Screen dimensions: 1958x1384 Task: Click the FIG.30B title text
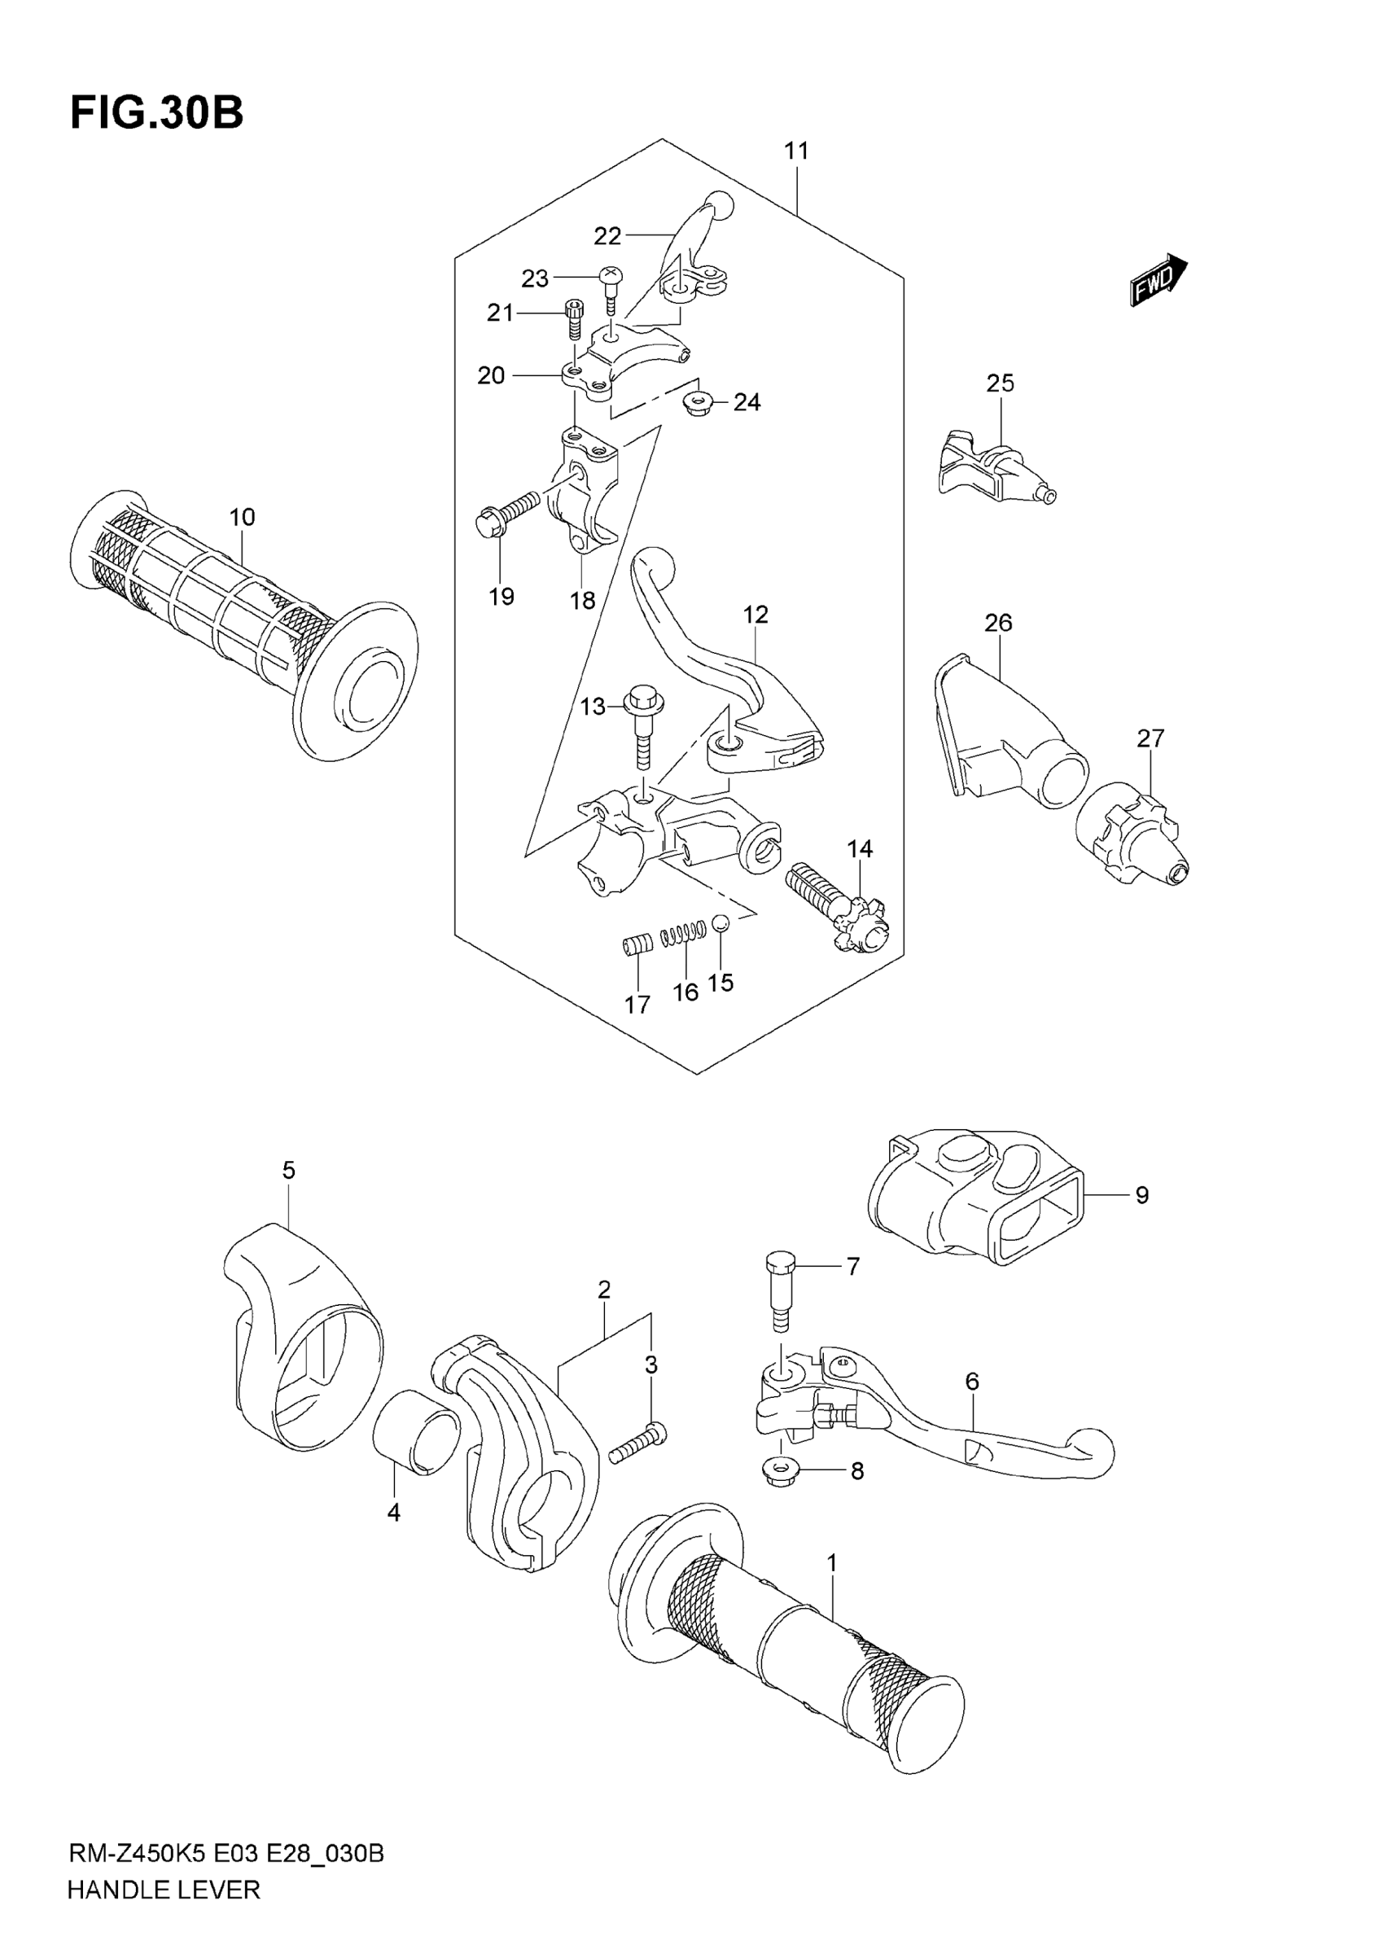click(157, 112)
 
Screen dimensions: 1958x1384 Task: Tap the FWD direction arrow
click(1158, 279)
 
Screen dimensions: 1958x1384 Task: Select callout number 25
click(1001, 383)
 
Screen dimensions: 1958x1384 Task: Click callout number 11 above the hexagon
click(795, 151)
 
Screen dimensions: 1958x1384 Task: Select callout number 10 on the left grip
click(242, 517)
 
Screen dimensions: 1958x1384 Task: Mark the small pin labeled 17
click(635, 946)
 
